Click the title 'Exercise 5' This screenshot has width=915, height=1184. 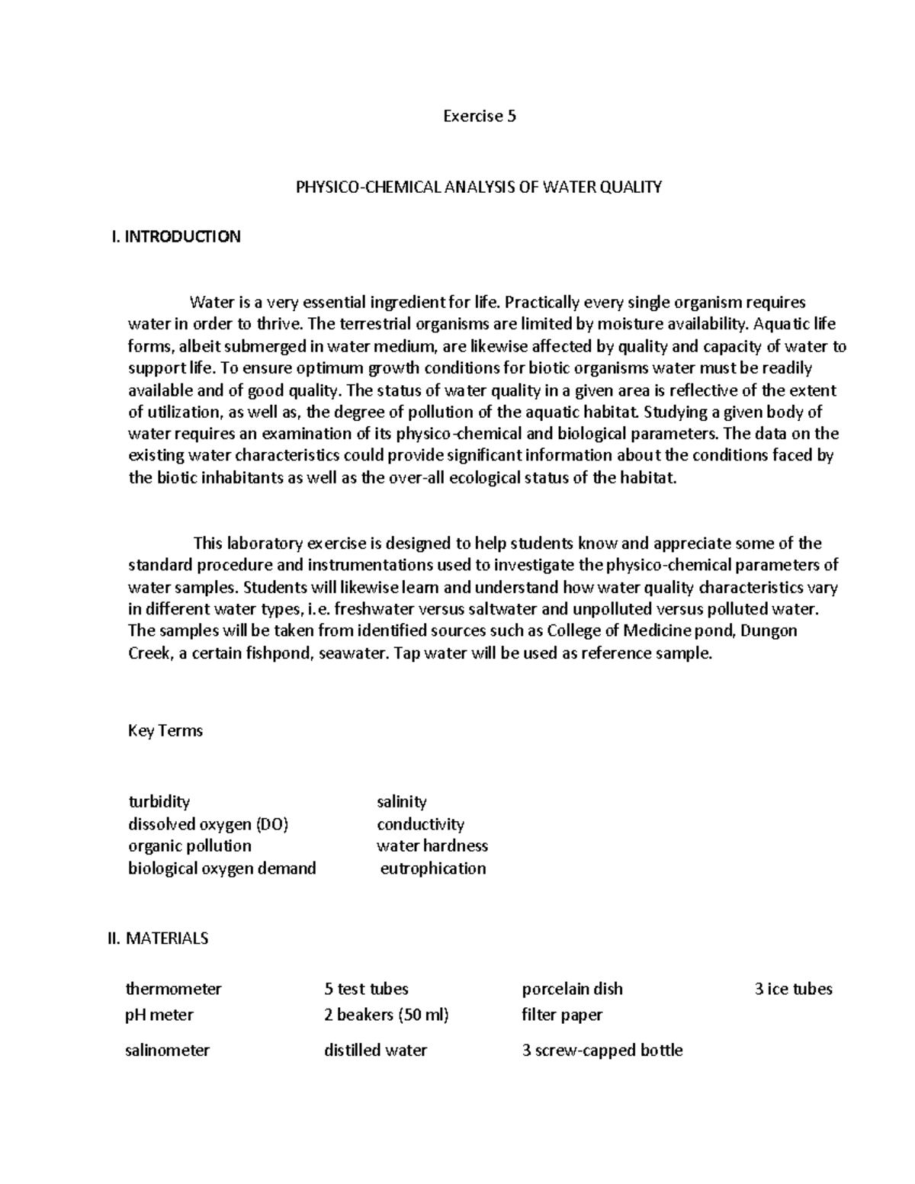tap(480, 117)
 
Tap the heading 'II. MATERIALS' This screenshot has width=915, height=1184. tap(158, 939)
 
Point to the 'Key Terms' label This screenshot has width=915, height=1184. tap(165, 730)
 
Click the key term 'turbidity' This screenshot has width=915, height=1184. tap(159, 801)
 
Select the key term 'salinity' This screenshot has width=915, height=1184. tap(401, 801)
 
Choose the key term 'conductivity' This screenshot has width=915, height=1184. tap(420, 824)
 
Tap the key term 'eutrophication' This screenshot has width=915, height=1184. tap(432, 868)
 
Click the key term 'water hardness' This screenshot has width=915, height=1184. tap(432, 845)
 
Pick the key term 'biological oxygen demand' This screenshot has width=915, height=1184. tap(222, 868)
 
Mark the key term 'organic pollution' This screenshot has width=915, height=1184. tap(189, 845)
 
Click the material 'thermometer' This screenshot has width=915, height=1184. tap(173, 989)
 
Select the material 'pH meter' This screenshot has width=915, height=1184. tap(159, 1015)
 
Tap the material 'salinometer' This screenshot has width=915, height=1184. tap(167, 1050)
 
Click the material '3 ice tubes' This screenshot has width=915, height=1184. tap(793, 989)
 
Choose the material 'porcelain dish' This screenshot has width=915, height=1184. tap(572, 989)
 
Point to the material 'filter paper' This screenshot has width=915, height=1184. tap(562, 1015)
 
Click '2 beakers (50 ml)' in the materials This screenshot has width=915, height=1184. tap(386, 1015)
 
